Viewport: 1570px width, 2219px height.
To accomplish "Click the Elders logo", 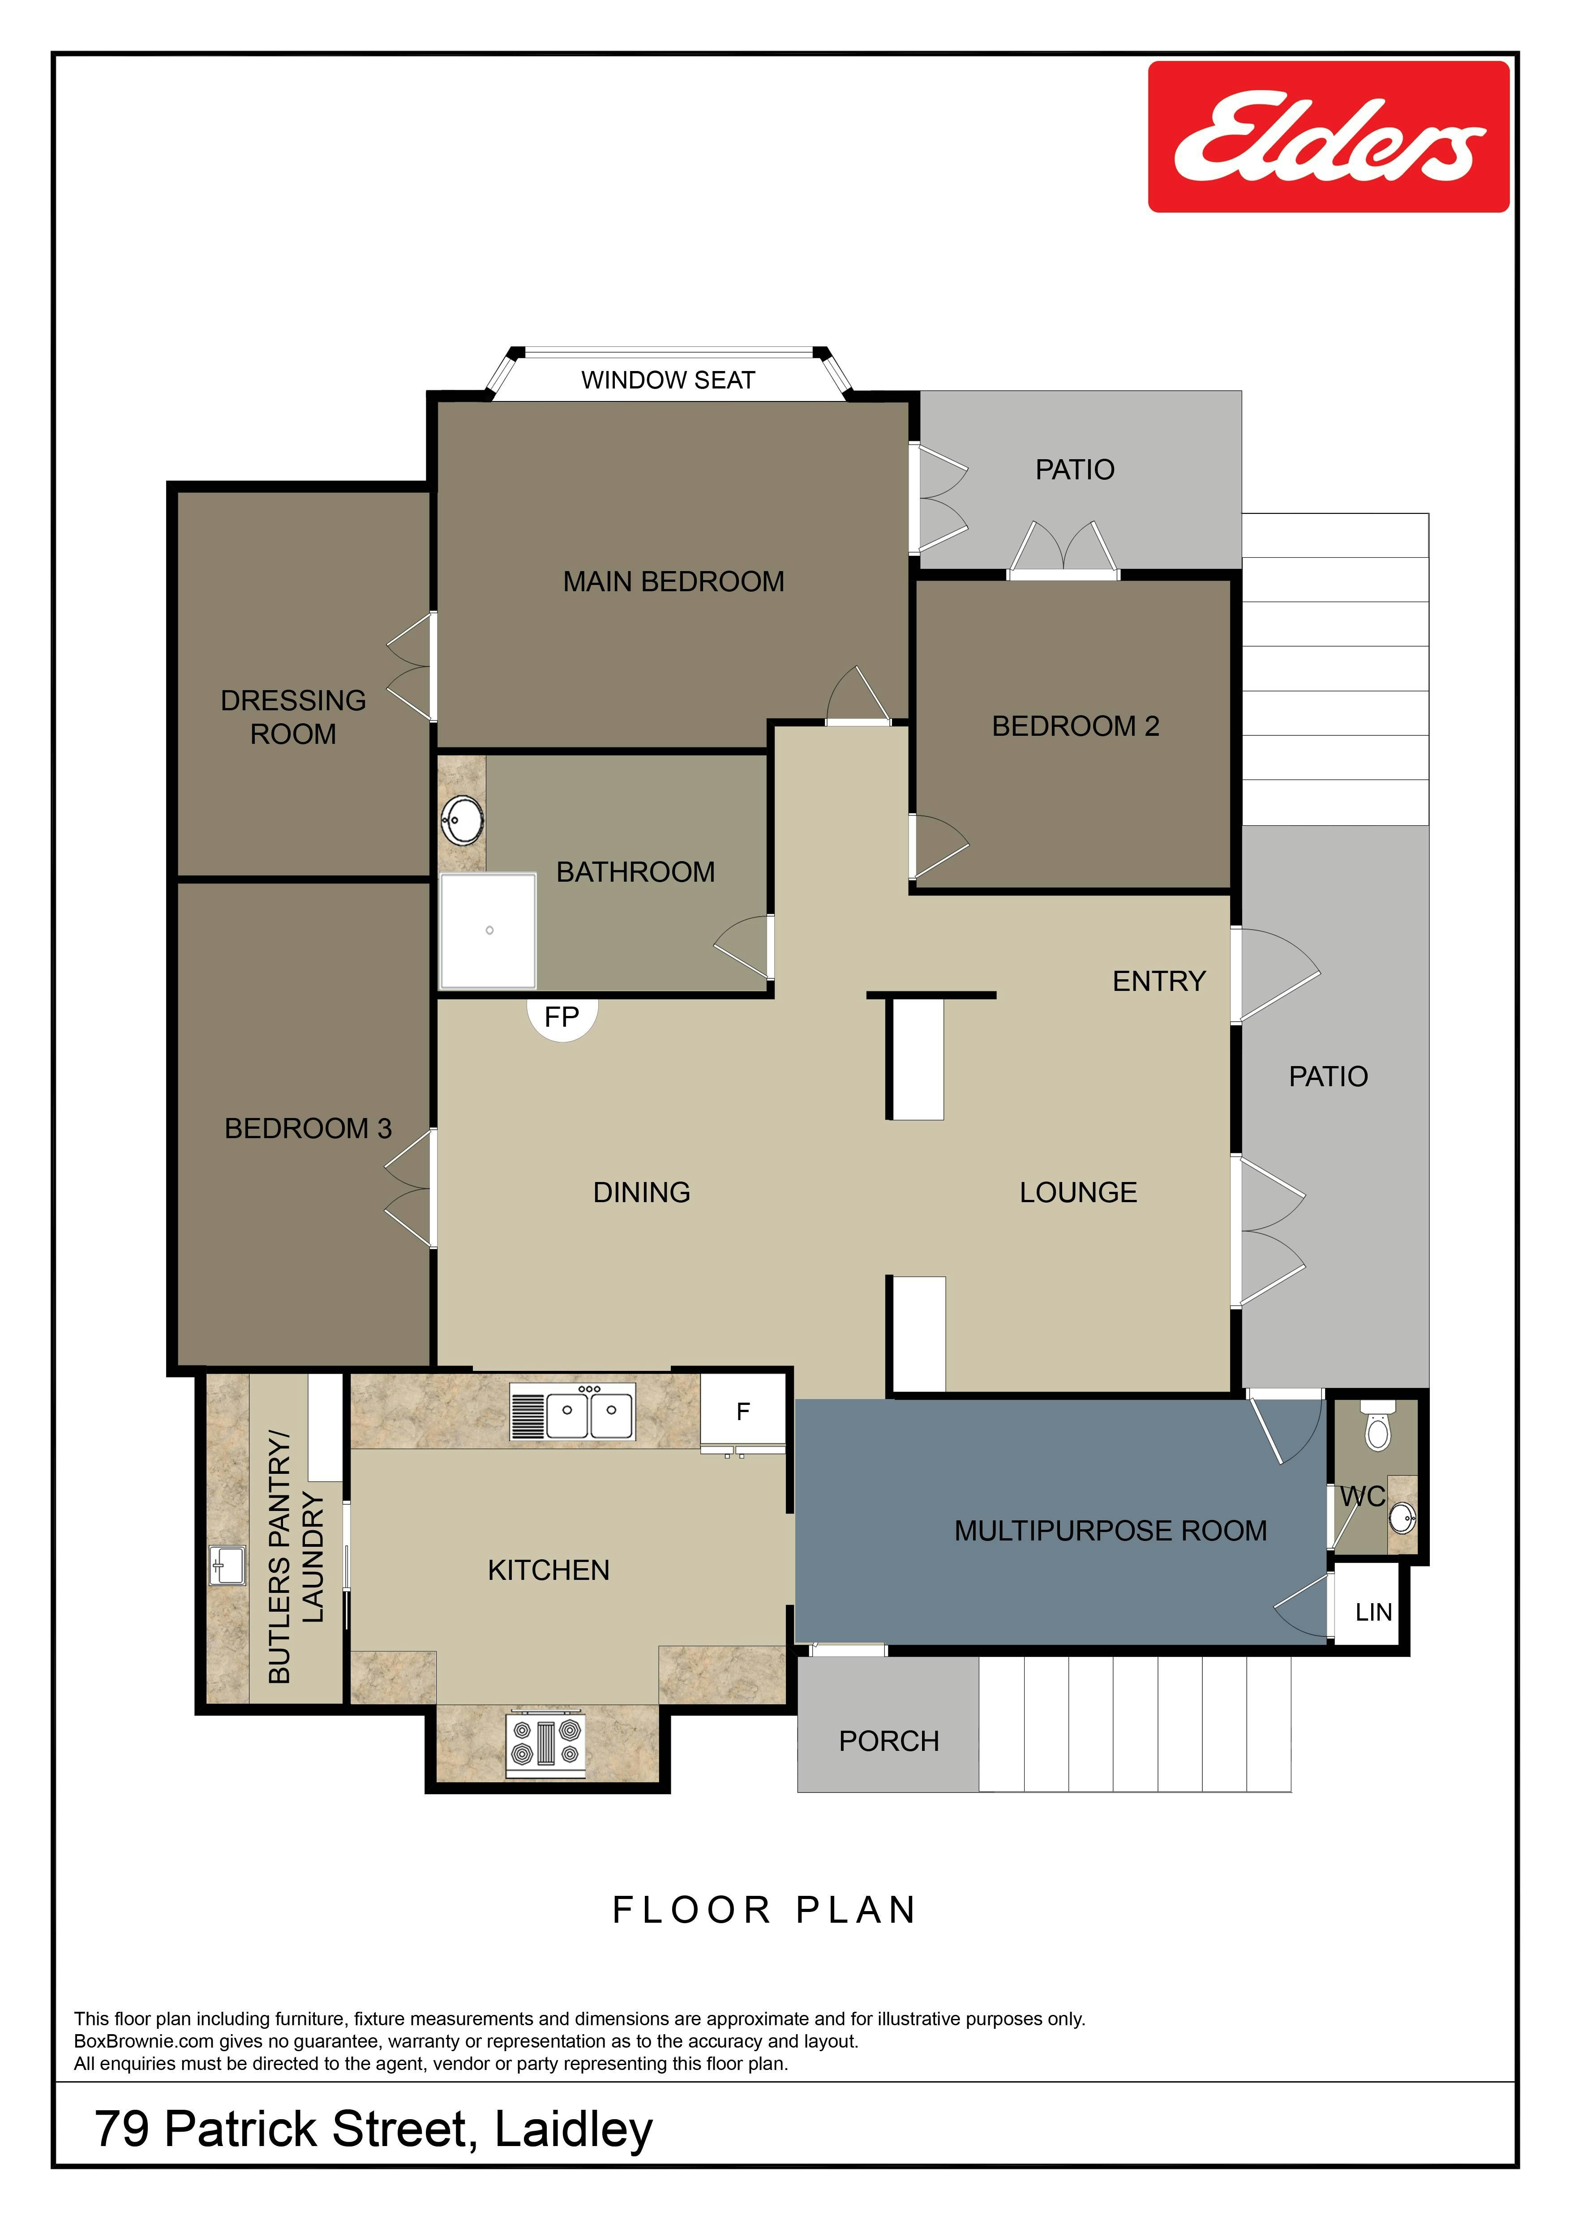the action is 1328,136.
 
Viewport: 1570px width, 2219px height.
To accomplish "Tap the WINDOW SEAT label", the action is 668,380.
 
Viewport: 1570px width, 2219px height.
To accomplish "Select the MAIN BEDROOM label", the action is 674,582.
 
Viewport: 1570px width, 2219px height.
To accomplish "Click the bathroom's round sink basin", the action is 462,820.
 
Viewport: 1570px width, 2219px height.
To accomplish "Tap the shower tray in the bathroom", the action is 488,931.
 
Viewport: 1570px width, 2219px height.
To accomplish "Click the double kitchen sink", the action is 572,1412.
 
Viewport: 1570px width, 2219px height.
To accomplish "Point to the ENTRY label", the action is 1159,981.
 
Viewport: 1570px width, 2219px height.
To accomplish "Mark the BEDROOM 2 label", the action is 1075,726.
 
